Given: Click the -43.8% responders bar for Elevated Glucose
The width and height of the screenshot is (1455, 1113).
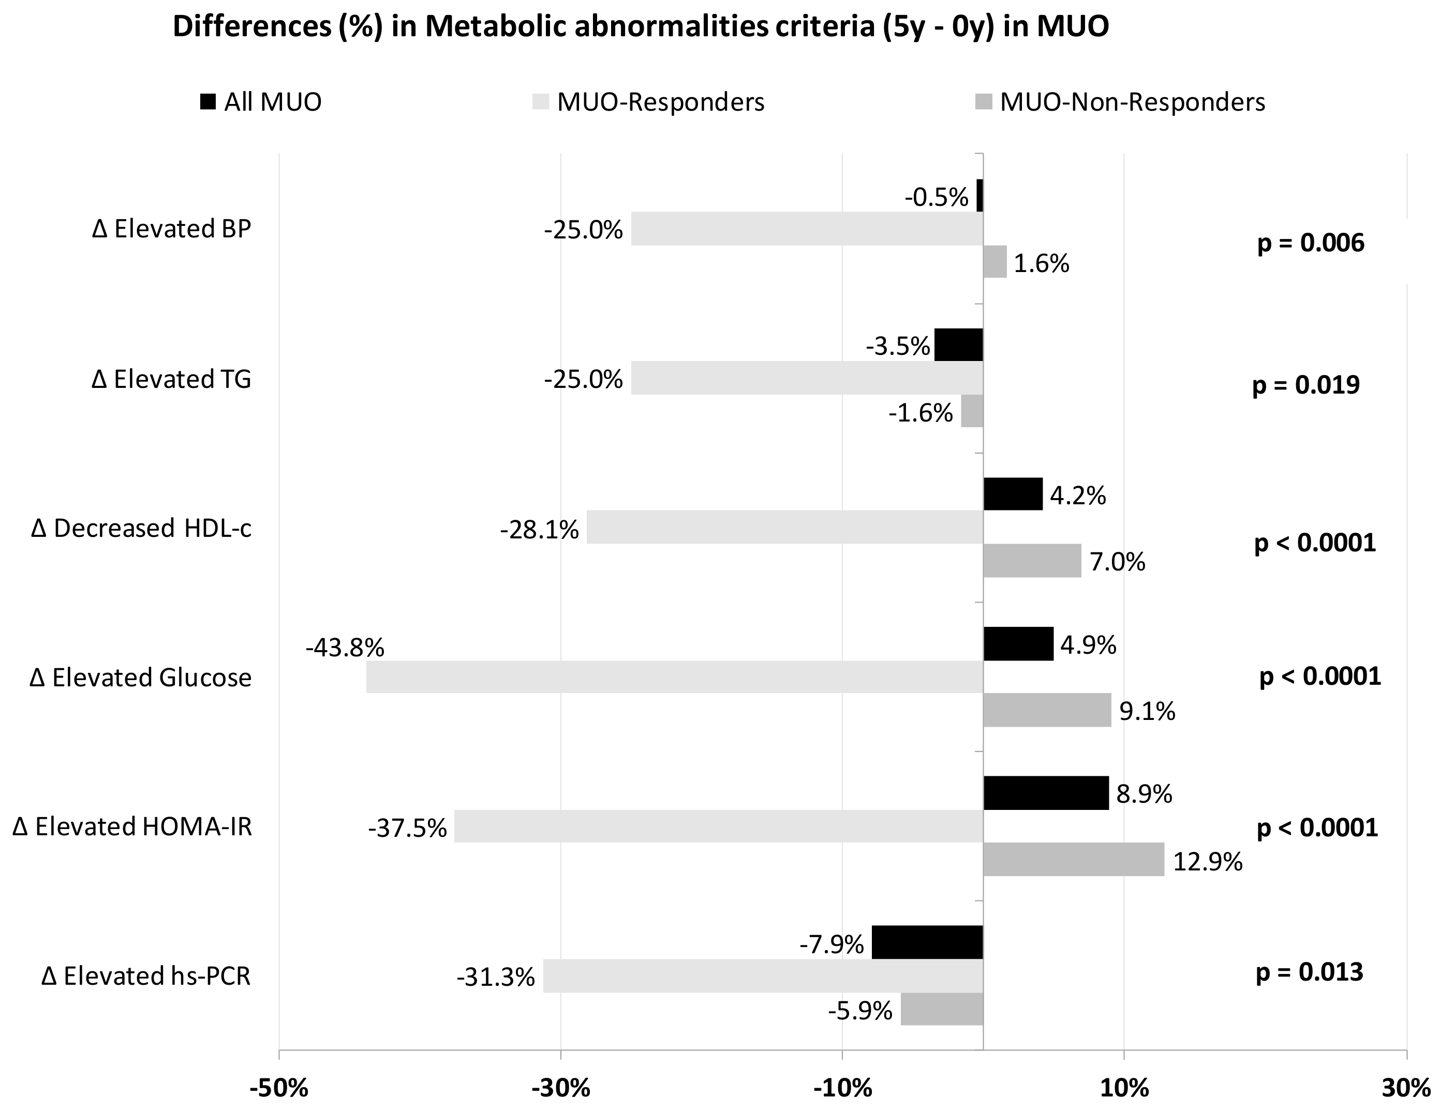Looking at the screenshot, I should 674,677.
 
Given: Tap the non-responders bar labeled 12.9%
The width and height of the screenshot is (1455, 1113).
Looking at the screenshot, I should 1073,859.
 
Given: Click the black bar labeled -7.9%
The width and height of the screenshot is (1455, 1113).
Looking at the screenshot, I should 927,942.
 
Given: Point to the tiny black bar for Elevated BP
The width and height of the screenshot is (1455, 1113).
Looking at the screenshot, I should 979,195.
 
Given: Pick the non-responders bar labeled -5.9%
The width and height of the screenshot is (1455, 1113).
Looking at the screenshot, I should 941,1009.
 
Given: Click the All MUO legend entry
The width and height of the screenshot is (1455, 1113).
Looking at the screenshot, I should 261,102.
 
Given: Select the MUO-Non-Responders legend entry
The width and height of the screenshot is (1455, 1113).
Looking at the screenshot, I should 1120,102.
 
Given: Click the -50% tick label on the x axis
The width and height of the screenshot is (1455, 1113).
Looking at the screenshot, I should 278,1089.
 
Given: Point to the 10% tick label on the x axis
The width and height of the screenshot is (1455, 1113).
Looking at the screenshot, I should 1124,1089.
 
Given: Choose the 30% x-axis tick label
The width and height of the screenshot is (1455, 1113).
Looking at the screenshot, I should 1406,1089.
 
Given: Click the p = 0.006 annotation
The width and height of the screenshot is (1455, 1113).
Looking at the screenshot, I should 1311,243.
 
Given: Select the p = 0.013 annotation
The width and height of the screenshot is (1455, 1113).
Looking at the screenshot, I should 1309,972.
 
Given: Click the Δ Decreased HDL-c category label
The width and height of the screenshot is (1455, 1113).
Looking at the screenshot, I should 141,529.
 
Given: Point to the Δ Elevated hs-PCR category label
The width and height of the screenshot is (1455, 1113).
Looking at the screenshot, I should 146,976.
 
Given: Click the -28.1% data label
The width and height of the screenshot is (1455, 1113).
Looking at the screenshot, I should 539,530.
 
